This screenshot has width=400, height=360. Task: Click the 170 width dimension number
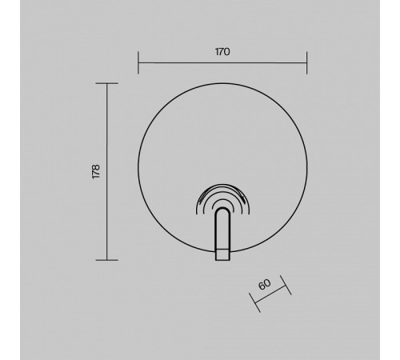[x=222, y=52]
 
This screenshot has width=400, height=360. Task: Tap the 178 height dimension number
[x=96, y=171]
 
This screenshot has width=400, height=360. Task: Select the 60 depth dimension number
[x=265, y=284]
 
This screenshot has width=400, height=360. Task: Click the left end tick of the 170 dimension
[x=138, y=62]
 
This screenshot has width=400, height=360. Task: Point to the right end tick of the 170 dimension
[x=307, y=62]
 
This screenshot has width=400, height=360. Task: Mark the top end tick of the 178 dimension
[x=107, y=83]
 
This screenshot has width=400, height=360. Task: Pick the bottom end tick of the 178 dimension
[x=107, y=260]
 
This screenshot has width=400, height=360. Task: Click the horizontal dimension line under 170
[x=222, y=63]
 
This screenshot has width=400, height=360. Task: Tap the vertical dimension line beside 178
[x=107, y=171]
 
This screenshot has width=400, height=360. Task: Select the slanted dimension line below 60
[x=270, y=294]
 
